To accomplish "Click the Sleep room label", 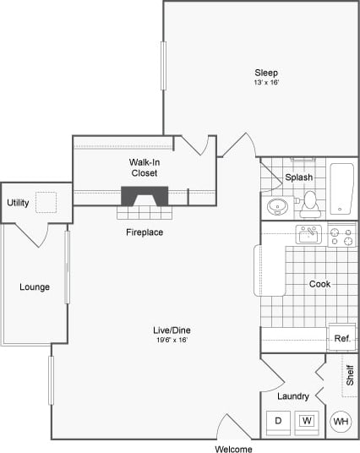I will [x=266, y=73].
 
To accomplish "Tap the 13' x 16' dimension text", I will [x=266, y=83].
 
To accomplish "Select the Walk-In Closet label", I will [x=144, y=166].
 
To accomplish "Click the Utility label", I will [x=18, y=203].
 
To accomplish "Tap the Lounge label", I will [x=35, y=287].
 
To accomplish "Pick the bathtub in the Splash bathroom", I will [x=341, y=188].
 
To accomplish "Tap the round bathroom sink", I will [x=276, y=206].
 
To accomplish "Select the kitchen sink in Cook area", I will [x=307, y=233].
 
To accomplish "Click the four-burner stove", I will [x=341, y=236].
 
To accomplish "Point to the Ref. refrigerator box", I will [x=341, y=338].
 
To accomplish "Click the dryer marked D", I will [x=277, y=420].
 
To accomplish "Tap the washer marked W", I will [x=308, y=420].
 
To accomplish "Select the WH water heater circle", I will [x=341, y=421].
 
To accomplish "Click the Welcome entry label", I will [x=233, y=449].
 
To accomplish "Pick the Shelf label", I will [x=348, y=374].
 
